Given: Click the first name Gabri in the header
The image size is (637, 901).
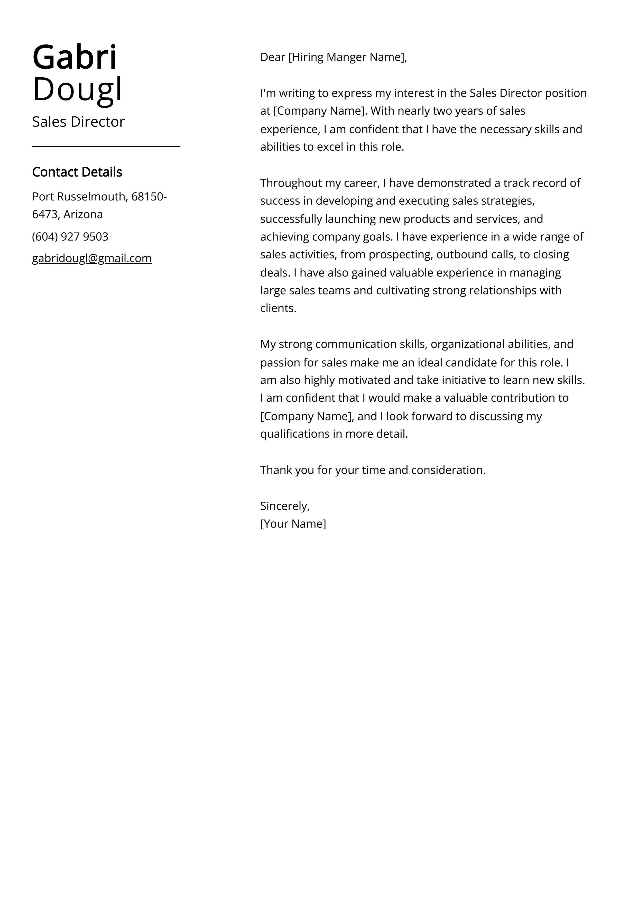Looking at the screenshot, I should pyautogui.click(x=75, y=58).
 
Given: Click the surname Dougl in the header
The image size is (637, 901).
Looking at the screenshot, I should pyautogui.click(x=77, y=89).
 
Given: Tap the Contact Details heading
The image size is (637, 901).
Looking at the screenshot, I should pyautogui.click(x=77, y=172).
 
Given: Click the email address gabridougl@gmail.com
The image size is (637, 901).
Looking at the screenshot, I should pyautogui.click(x=92, y=258).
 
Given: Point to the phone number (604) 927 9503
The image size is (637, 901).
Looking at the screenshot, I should pyautogui.click(x=70, y=237).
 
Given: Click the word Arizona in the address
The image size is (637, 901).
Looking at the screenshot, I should pyautogui.click(x=83, y=214).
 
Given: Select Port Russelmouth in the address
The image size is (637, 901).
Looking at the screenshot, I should pyautogui.click(x=78, y=196).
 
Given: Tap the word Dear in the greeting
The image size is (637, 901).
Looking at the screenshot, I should pyautogui.click(x=272, y=57).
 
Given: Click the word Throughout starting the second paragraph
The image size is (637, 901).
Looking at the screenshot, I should pyautogui.click(x=291, y=183).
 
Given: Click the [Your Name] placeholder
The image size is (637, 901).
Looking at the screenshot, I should pyautogui.click(x=293, y=524).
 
